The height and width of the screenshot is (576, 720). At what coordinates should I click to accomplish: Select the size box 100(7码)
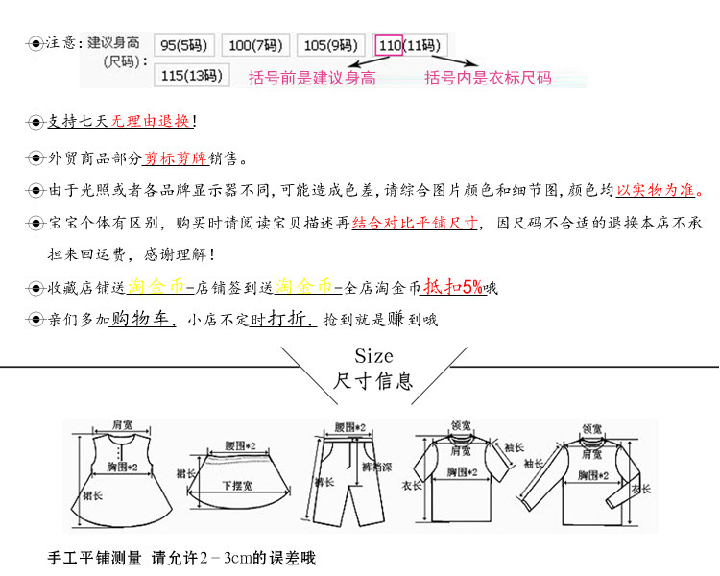click(253, 45)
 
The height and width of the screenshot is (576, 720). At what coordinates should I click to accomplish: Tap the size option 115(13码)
click(189, 75)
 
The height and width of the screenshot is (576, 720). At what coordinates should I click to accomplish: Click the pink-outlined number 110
click(390, 45)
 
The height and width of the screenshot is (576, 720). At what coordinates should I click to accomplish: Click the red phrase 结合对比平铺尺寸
click(415, 223)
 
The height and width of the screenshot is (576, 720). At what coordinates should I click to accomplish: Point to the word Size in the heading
click(374, 357)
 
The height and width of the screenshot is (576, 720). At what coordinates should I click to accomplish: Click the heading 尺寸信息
click(373, 381)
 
